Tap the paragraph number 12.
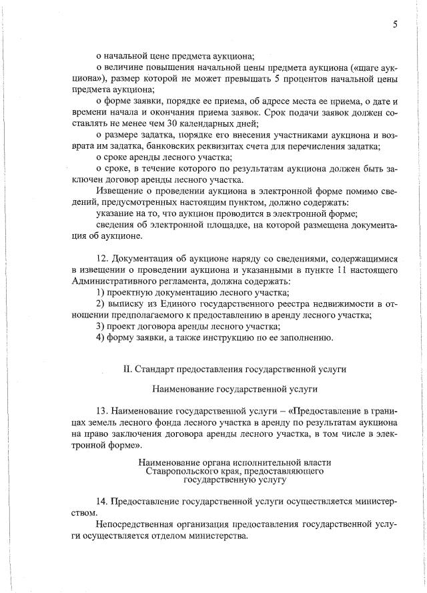click(101, 258)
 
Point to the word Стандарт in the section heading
click(157, 369)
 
